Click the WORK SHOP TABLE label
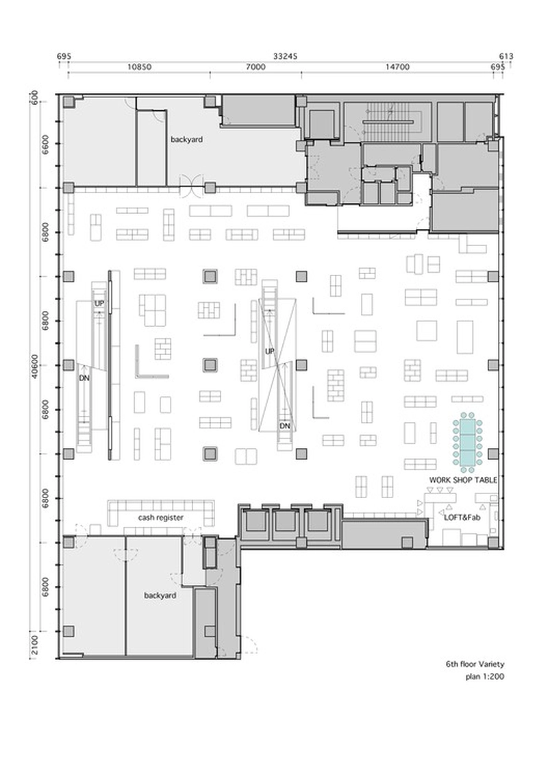pyautogui.click(x=463, y=480)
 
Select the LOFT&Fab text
pyautogui.click(x=462, y=517)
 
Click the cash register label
pyautogui.click(x=160, y=517)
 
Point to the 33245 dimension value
pyautogui.click(x=285, y=56)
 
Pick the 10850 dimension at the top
pyautogui.click(x=139, y=66)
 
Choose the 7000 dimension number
pyautogui.click(x=256, y=66)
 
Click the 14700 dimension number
pyautogui.click(x=397, y=66)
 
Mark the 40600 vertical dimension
pyautogui.click(x=34, y=366)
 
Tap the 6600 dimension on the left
pyautogui.click(x=45, y=145)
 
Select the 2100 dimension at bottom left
pyautogui.click(x=34, y=645)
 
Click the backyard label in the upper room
pyautogui.click(x=186, y=139)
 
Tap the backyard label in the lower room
pyautogui.click(x=160, y=595)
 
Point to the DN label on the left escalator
pyautogui.click(x=84, y=378)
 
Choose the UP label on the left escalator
pyautogui.click(x=99, y=304)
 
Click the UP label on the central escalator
pyautogui.click(x=269, y=352)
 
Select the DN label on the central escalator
pyautogui.click(x=285, y=426)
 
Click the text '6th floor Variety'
pyautogui.click(x=475, y=664)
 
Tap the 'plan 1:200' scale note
pyautogui.click(x=485, y=676)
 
